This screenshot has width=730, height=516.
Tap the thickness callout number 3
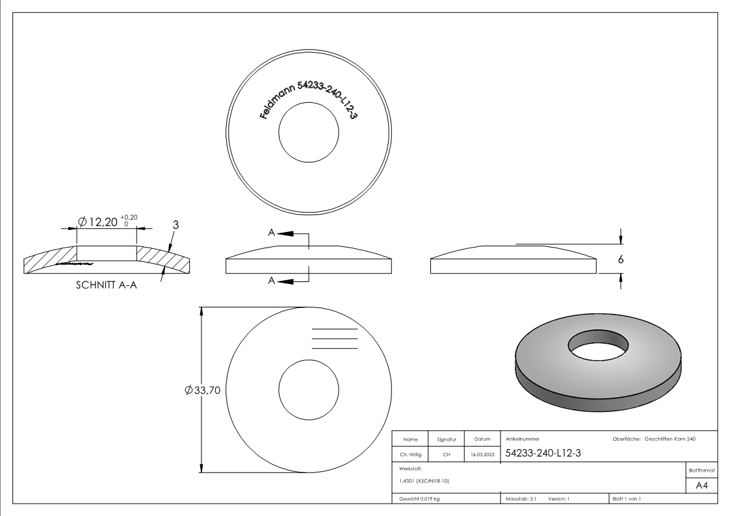(x=176, y=224)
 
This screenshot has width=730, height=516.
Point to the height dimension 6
(x=621, y=258)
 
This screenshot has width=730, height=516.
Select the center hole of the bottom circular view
(x=309, y=390)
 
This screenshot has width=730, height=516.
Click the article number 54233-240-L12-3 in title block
(x=543, y=454)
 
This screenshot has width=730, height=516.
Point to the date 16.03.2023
(x=482, y=455)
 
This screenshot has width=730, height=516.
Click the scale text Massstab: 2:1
(x=519, y=498)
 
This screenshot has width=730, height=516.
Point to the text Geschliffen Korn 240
(x=670, y=440)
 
